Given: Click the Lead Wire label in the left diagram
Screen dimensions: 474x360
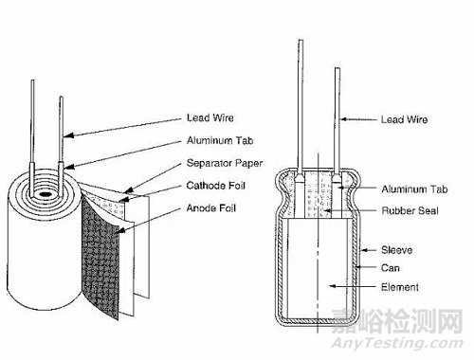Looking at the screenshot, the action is [210, 117].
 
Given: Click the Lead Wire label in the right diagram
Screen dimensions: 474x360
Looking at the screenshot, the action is [404, 119].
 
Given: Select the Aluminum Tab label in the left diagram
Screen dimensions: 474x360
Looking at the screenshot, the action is [220, 140].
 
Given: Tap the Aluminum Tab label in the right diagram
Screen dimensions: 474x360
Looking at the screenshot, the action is [414, 189].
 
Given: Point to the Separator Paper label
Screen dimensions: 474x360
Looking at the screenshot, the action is [225, 163].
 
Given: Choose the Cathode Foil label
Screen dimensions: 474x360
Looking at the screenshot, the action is [216, 186].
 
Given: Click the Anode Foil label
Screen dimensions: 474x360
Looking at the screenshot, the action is [211, 207].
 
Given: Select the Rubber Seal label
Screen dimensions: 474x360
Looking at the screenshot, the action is [410, 210].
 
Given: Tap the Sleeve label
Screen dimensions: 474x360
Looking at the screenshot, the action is [397, 250].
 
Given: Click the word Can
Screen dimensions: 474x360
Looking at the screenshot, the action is [391, 268].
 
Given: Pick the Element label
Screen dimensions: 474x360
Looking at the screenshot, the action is [400, 287].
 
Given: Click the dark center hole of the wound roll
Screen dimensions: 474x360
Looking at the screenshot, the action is [45, 194].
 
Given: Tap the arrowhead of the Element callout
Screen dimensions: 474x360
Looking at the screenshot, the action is [332, 286].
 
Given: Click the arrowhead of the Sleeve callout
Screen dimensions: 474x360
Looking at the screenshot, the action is [364, 250].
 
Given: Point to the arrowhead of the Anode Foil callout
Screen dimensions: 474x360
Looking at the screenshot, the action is [119, 230].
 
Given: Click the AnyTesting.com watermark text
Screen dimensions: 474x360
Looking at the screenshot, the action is [397, 343].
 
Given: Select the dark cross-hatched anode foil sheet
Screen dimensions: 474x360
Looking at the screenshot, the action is [100, 256].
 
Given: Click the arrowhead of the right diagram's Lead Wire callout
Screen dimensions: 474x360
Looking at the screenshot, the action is [344, 119].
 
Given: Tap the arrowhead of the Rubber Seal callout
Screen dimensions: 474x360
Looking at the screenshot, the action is [326, 210].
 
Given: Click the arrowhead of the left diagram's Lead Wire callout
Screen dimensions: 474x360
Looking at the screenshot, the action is [67, 135].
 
